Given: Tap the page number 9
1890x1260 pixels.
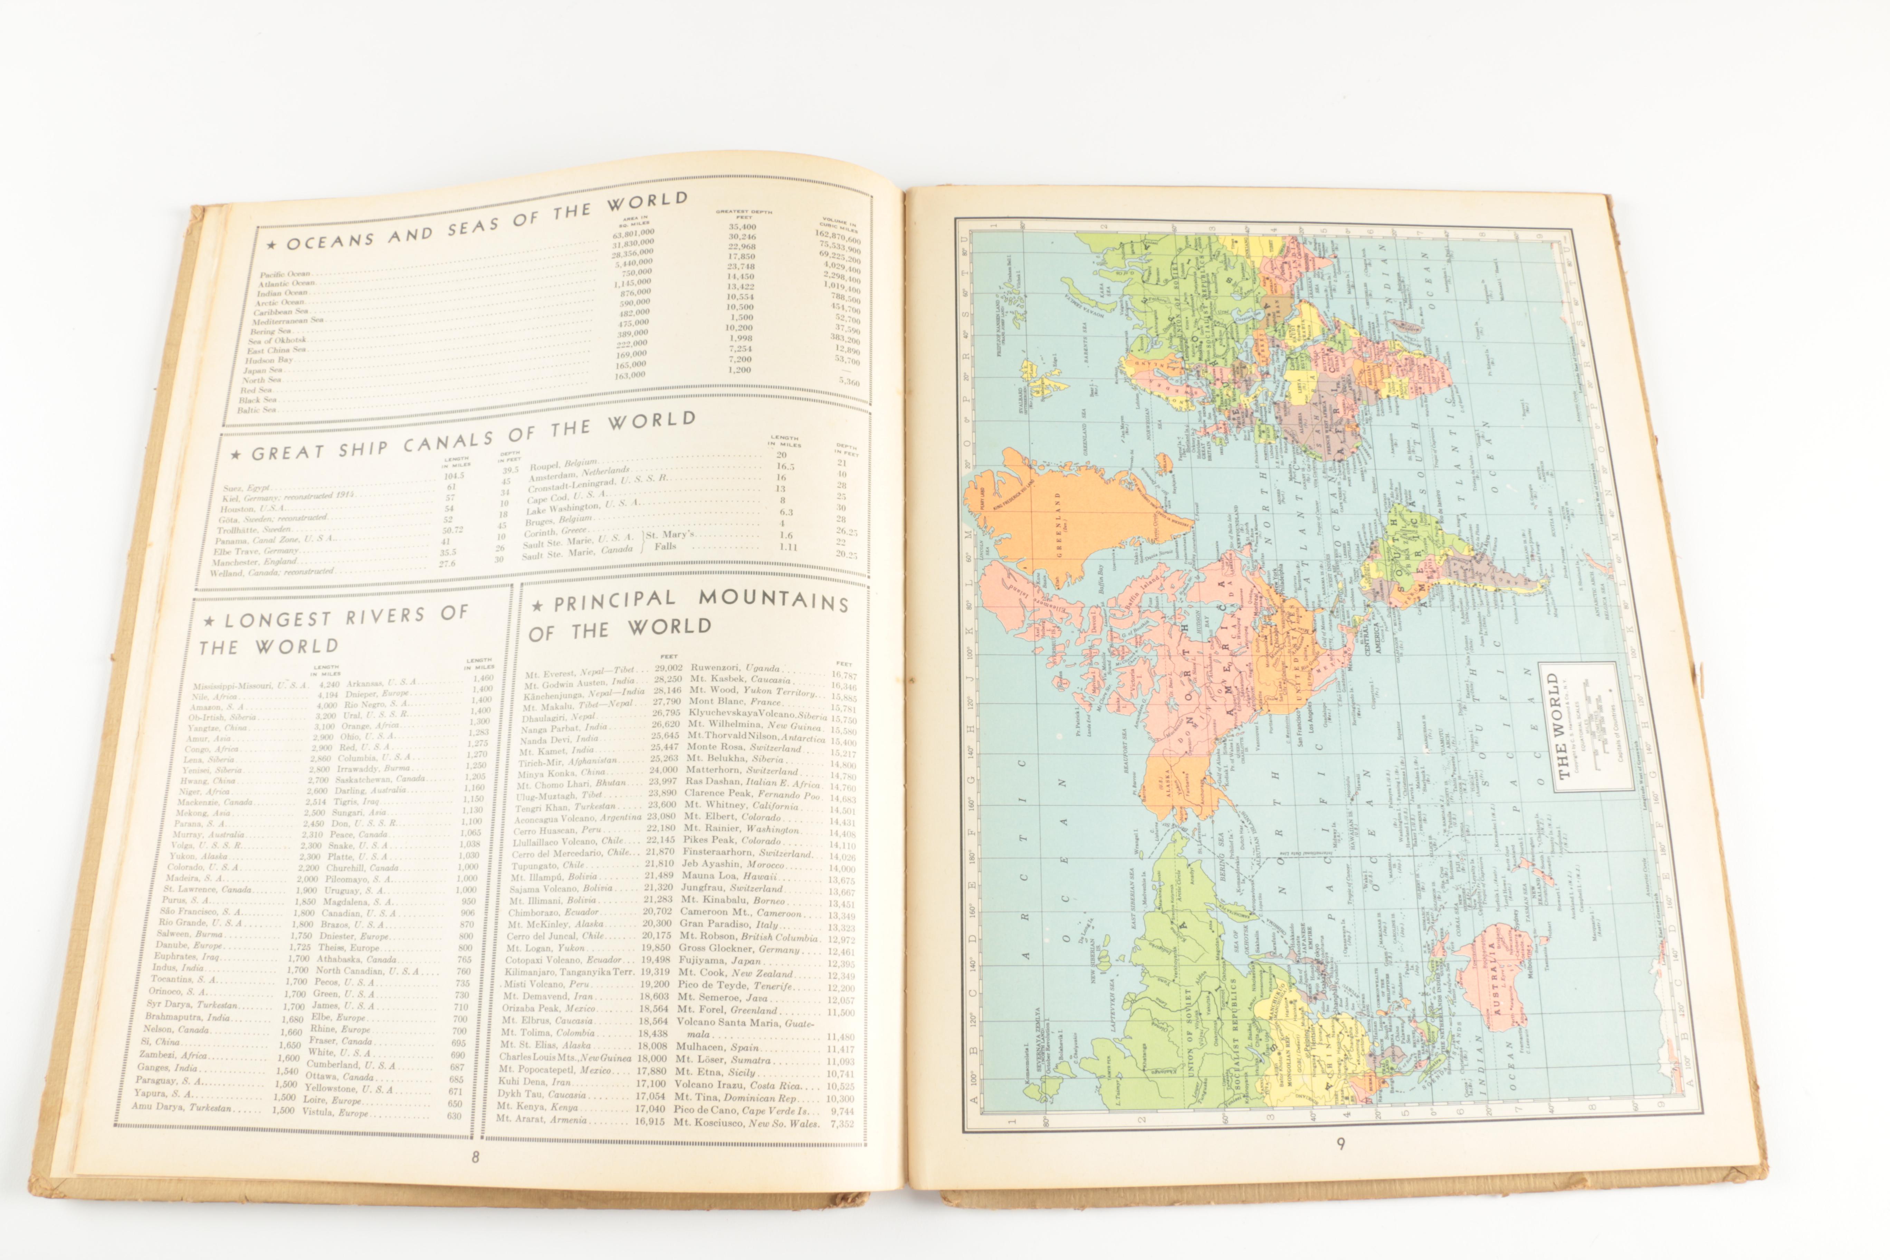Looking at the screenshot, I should pos(1340,1144).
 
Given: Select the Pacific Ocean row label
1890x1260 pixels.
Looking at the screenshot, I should pos(285,274).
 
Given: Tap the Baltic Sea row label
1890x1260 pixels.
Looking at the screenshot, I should pos(256,410).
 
